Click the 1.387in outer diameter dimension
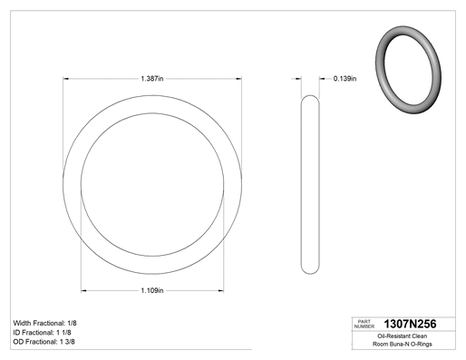152,79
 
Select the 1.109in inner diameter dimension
152,290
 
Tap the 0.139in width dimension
345,79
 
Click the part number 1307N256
410,324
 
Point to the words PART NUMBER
364,324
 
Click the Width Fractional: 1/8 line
45,323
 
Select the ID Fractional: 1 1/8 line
43,333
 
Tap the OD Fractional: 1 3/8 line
44,342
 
